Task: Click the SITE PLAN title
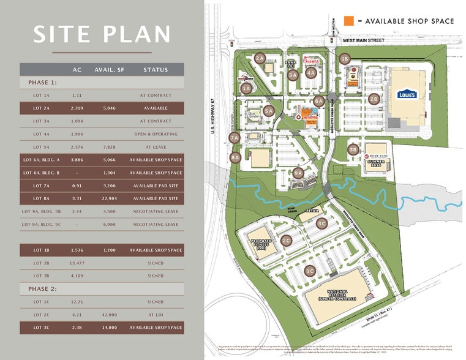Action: [102, 34]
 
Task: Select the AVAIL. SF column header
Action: [110, 70]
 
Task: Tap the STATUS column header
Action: [156, 70]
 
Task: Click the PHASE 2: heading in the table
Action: [42, 288]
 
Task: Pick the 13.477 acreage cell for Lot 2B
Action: [77, 263]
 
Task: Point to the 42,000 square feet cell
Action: [110, 315]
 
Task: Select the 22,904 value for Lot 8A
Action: [110, 198]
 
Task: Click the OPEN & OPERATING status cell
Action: [156, 134]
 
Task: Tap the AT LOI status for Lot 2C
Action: [156, 315]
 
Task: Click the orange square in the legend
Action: [349, 21]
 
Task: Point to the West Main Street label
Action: [364, 40]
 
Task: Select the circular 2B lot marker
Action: [374, 98]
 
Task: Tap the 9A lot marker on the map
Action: [298, 173]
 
